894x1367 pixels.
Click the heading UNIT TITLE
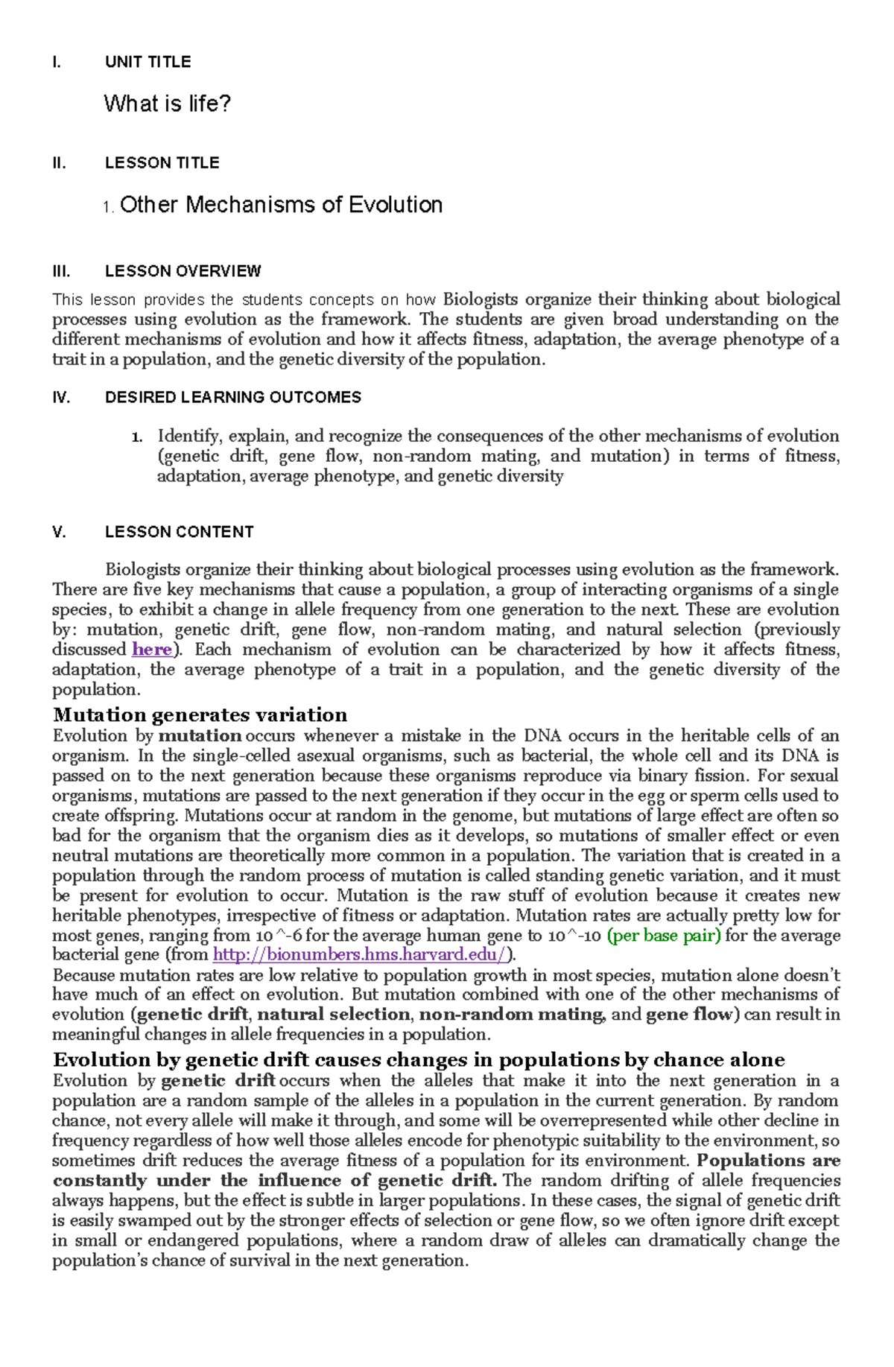pyautogui.click(x=148, y=62)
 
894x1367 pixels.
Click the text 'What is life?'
pyautogui.click(x=167, y=104)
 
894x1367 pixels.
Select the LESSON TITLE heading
pyautogui.click(x=162, y=163)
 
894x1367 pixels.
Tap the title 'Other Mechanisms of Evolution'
pyautogui.click(x=281, y=205)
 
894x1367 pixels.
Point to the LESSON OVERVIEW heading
pyautogui.click(x=183, y=271)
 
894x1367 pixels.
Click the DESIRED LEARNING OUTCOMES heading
pyautogui.click(x=232, y=398)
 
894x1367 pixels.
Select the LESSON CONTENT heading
pyautogui.click(x=179, y=532)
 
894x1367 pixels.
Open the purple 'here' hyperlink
pyautogui.click(x=152, y=650)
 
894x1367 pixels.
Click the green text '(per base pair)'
pyautogui.click(x=664, y=936)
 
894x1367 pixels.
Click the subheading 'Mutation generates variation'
pyautogui.click(x=200, y=715)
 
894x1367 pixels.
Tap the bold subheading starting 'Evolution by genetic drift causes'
pyautogui.click(x=419, y=1060)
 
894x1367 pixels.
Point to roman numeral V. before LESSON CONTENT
pyautogui.click(x=59, y=532)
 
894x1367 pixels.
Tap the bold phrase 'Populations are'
pyautogui.click(x=768, y=1161)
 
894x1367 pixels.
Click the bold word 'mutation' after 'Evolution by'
pyautogui.click(x=200, y=736)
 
